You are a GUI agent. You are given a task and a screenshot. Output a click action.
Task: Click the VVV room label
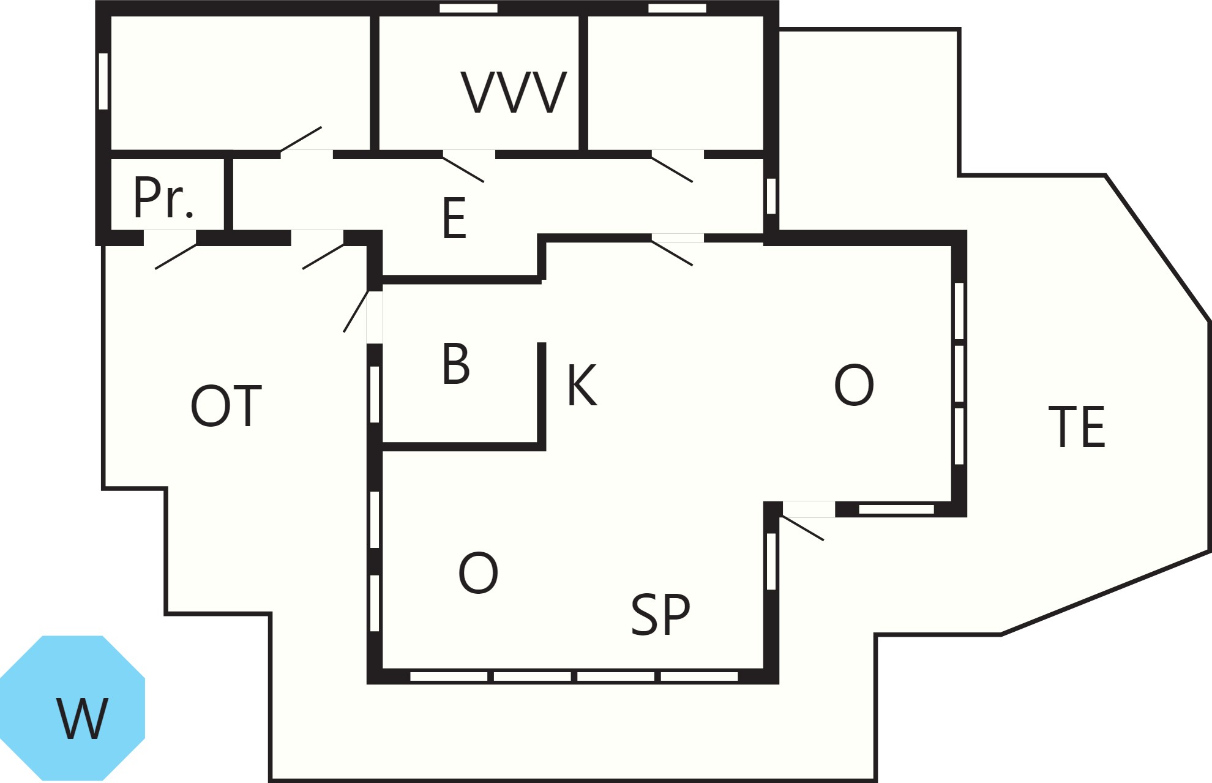click(514, 92)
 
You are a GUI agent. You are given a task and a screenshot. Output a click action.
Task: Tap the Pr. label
click(163, 197)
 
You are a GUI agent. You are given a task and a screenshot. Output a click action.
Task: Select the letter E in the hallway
click(454, 218)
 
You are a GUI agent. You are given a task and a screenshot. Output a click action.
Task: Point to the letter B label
click(456, 364)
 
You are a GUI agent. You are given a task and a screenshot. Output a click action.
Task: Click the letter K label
click(582, 385)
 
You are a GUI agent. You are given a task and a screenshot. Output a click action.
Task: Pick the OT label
click(226, 406)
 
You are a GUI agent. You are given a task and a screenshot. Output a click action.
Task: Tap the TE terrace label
click(1077, 427)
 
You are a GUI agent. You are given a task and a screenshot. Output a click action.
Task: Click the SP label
click(660, 615)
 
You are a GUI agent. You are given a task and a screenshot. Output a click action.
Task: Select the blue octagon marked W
click(72, 708)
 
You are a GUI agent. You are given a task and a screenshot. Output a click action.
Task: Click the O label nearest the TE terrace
click(854, 385)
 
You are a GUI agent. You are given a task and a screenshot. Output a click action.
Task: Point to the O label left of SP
click(478, 573)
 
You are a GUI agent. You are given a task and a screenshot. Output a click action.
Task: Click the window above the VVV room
click(469, 9)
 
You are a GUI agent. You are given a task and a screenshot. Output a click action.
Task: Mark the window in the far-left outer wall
click(103, 81)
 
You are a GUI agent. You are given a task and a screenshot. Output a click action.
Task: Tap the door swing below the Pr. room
click(176, 257)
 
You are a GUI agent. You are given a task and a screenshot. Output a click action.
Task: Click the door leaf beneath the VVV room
click(463, 170)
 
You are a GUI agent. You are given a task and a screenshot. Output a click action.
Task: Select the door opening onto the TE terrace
click(802, 528)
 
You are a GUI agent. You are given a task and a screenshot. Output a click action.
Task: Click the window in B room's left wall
click(375, 394)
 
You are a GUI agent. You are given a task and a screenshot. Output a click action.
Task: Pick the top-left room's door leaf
click(301, 139)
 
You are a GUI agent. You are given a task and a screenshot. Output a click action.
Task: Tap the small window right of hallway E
click(771, 196)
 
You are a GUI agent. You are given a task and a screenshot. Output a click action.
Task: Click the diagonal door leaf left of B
click(356, 312)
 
